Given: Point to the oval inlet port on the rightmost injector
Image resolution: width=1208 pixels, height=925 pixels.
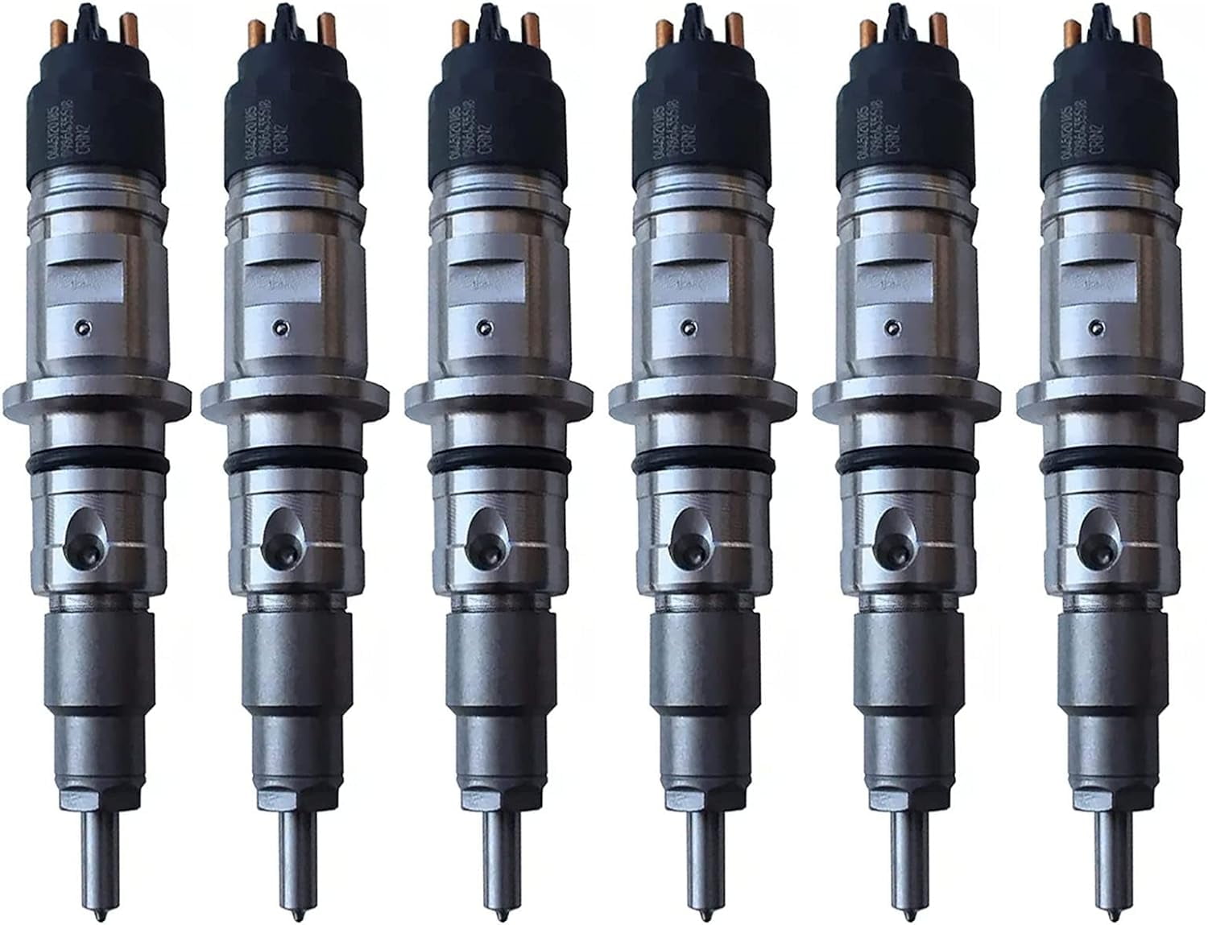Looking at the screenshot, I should (1094, 531).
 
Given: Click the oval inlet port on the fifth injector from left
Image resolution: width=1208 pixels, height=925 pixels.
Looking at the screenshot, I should (892, 531).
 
